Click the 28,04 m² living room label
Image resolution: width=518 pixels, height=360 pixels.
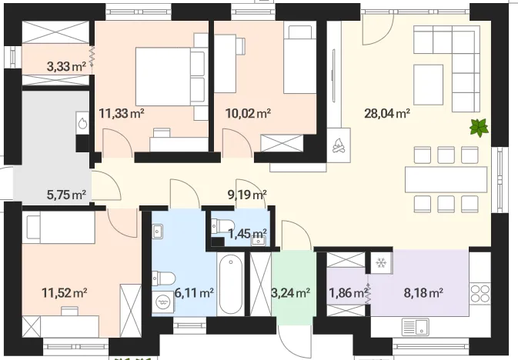[x=387, y=114]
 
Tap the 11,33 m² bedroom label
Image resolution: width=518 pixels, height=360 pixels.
[x=122, y=114]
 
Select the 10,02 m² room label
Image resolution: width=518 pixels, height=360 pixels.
[x=248, y=114]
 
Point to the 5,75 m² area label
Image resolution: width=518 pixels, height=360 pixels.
[x=67, y=195]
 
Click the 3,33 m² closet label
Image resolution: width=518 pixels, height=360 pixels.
[x=66, y=67]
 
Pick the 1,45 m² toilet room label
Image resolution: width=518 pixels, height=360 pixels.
[x=248, y=234]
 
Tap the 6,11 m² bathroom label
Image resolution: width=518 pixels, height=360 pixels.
[x=194, y=292]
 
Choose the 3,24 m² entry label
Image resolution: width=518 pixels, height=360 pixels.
[x=291, y=292]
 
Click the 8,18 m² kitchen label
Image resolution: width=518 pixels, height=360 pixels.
[x=423, y=292]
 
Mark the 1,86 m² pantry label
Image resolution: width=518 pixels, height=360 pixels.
[x=348, y=292]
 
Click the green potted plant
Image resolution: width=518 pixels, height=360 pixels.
[x=479, y=128]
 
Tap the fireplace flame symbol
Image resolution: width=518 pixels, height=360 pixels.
[x=339, y=145]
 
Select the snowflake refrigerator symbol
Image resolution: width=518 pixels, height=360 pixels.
[x=381, y=263]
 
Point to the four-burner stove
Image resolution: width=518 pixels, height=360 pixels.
[x=480, y=293]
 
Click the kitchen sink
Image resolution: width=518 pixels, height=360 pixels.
[x=416, y=327]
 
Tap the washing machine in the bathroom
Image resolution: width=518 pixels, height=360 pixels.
[x=162, y=302]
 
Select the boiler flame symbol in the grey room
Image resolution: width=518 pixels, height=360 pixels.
[x=82, y=123]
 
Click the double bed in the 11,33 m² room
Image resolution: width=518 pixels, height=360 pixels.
[x=170, y=77]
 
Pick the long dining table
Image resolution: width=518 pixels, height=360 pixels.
[x=446, y=180]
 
